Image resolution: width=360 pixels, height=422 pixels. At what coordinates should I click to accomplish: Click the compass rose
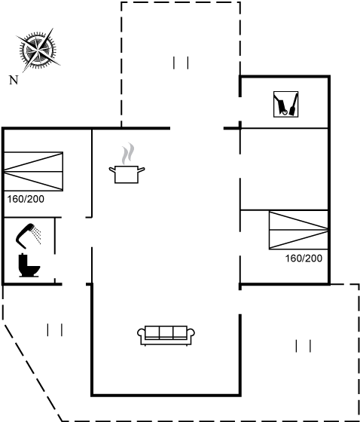pos(38,50)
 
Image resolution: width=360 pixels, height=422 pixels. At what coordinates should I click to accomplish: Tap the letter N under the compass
pos(14,80)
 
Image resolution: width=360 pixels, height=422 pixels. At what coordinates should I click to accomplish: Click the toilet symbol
pos(29,265)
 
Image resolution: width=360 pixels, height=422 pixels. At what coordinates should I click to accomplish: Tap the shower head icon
pos(28,236)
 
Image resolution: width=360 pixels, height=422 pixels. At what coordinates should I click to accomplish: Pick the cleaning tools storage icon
pos(285,104)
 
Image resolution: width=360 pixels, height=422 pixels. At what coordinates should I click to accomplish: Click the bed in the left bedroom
pos(34,172)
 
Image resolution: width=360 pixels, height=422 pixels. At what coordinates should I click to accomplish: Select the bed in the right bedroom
pos(298,230)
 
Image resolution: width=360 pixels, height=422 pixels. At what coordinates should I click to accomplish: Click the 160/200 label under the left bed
pos(26,199)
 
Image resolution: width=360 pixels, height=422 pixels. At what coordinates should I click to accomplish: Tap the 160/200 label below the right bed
pos(304,258)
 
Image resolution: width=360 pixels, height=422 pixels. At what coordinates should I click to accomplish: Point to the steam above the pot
pos(128,154)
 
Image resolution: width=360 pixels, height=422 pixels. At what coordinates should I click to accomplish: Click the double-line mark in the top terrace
pos(181,63)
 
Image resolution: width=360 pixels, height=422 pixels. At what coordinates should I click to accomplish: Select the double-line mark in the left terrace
pos(55,330)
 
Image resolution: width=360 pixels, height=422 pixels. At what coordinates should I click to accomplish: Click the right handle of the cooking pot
pos(142,170)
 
